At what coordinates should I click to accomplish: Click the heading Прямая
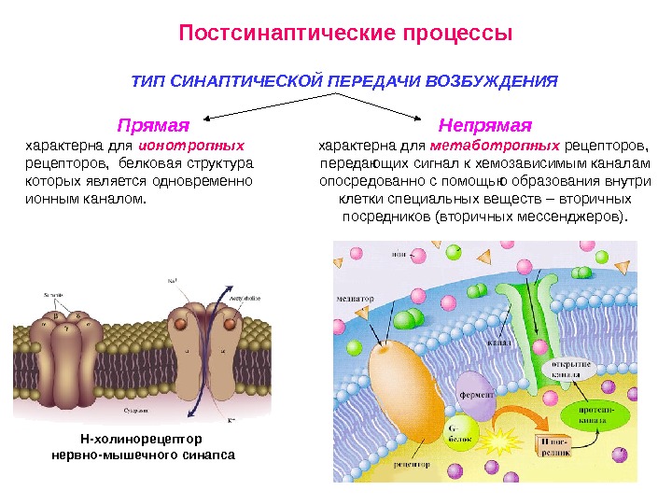(152, 124)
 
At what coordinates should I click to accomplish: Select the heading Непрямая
(484, 124)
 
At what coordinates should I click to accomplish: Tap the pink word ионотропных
(191, 147)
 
